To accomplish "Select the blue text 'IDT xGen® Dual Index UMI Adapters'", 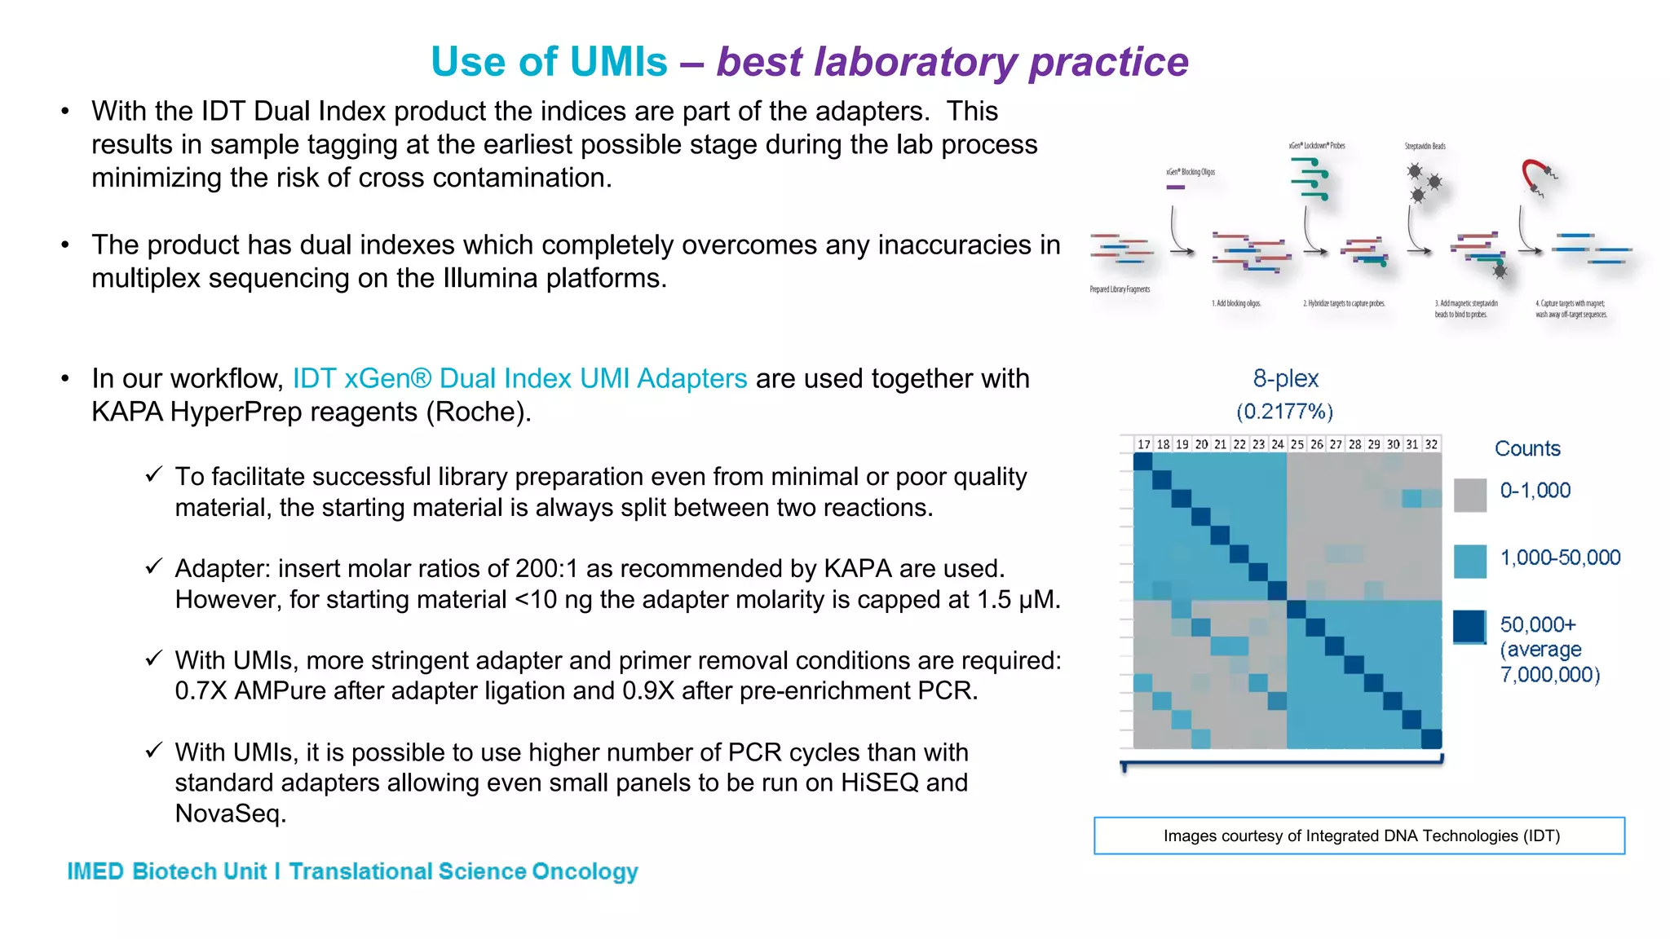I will (519, 379).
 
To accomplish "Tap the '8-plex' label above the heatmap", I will (1285, 379).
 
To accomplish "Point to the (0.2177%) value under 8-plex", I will (1284, 412).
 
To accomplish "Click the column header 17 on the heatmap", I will (1143, 444).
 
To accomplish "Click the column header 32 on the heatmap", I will (1431, 444).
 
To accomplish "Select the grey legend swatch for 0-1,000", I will (1469, 495).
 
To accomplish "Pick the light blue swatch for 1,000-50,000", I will (1469, 562).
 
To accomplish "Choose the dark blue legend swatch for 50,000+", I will (1469, 627).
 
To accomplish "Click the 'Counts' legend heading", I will (1526, 449).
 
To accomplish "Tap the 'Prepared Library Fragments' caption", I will (1120, 289).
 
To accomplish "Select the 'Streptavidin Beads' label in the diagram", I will (1425, 147).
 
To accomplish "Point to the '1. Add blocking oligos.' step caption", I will (1236, 303).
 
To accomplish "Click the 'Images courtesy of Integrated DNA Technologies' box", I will (1359, 836).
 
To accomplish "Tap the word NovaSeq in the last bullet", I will (229, 813).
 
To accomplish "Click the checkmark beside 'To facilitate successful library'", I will (154, 475).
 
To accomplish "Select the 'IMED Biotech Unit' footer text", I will (166, 871).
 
